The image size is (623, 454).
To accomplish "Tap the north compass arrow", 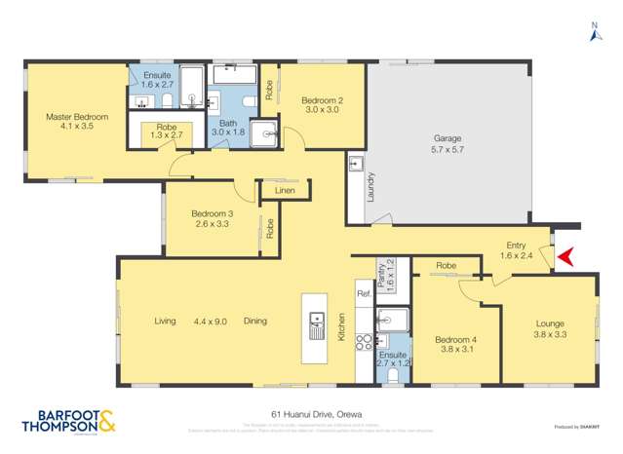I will (596, 34).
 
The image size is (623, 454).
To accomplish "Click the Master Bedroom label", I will (77, 122).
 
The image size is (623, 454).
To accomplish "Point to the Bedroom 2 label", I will (322, 104).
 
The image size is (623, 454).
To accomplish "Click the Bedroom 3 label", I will (212, 218).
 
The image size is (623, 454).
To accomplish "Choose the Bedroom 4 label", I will (456, 345).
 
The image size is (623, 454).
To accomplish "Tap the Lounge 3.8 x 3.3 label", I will (551, 329).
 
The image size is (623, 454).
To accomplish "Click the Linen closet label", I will (285, 191).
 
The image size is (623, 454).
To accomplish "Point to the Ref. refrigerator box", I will (363, 294).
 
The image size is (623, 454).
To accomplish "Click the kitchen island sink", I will (316, 324).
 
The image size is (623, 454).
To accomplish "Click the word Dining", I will (255, 321).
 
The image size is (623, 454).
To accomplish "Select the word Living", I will (165, 321).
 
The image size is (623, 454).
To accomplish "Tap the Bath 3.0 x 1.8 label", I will (228, 129).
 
